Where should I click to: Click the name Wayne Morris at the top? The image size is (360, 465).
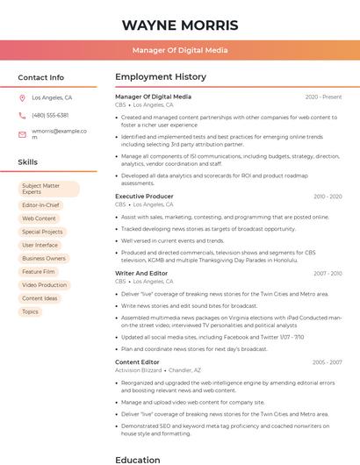coord(180,25)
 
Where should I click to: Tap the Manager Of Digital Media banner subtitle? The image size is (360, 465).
coord(180,50)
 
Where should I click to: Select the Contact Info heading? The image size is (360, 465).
coord(41,77)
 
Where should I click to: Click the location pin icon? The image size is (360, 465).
coord(22,98)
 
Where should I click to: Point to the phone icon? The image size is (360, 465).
coord(22,116)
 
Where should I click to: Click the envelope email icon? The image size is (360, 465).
coord(22,134)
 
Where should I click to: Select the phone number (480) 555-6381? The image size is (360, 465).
coord(50,116)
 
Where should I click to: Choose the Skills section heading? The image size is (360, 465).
coord(28,162)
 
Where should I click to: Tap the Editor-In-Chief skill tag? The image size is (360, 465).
coord(40,205)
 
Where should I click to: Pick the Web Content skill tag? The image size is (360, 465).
coord(40,218)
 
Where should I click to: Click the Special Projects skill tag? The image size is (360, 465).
coord(43,232)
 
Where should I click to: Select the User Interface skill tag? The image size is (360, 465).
coord(40,246)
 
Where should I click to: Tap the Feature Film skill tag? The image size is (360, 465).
coord(39,272)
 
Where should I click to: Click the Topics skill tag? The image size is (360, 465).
coord(31,311)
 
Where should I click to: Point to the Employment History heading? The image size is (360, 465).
coord(161,77)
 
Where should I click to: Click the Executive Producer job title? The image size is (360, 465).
coord(145,197)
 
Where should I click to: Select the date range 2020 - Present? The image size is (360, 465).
coord(323,97)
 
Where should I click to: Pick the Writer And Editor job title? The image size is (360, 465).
coord(141,274)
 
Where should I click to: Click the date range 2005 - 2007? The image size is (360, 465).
coord(327,361)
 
